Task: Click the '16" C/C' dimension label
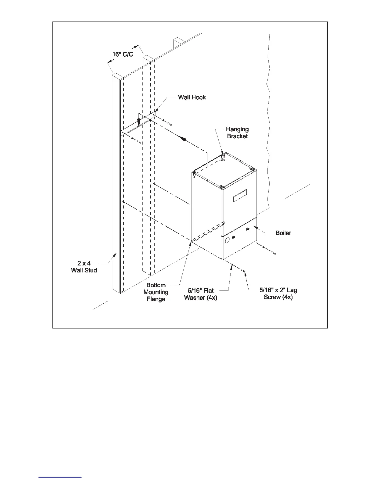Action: pyautogui.click(x=123, y=55)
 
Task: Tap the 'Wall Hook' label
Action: pyautogui.click(x=192, y=97)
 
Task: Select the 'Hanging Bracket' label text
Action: pyautogui.click(x=237, y=133)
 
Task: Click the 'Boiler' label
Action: pyautogui.click(x=283, y=233)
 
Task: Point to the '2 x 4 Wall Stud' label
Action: pyautogui.click(x=84, y=267)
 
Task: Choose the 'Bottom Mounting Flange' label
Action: pyautogui.click(x=156, y=292)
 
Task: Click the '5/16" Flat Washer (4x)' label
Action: pyautogui.click(x=200, y=294)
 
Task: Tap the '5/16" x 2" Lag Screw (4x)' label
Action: pyautogui.click(x=278, y=293)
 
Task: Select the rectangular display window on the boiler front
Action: pyautogui.click(x=240, y=195)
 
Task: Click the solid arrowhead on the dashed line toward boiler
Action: pyautogui.click(x=184, y=139)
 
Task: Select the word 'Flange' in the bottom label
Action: pyautogui.click(x=156, y=299)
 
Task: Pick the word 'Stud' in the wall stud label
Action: pyautogui.click(x=91, y=270)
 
